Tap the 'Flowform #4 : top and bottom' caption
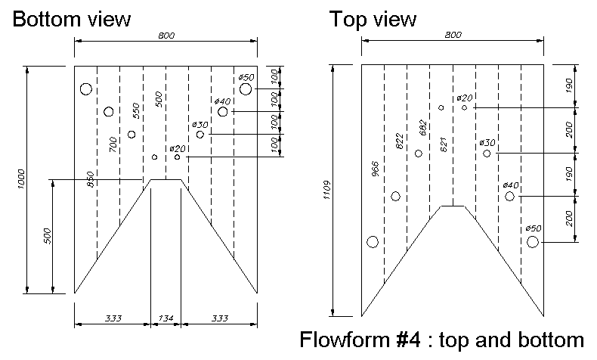click(442, 338)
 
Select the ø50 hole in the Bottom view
click(246, 88)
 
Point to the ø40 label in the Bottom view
click(222, 101)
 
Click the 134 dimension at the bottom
click(165, 318)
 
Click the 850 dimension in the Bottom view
click(91, 179)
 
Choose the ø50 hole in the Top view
click(533, 242)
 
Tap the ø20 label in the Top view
click(465, 98)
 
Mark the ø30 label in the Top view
click(487, 143)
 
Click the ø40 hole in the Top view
click(510, 196)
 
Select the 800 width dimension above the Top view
click(453, 36)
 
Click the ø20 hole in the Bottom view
click(178, 157)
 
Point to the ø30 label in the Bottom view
click(200, 124)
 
